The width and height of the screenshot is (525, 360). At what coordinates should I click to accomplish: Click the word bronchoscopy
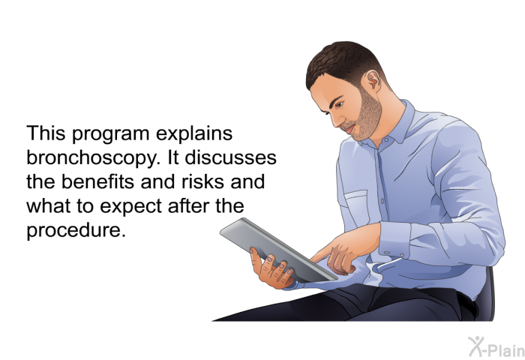(x=91, y=158)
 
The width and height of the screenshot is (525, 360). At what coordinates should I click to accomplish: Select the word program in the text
(x=110, y=134)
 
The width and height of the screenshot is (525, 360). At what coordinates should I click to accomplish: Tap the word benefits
(x=98, y=181)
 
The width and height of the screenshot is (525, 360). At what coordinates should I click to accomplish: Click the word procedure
(x=76, y=230)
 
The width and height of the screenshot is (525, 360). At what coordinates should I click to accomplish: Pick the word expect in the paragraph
(x=131, y=206)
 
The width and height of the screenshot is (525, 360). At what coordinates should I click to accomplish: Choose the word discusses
(x=231, y=157)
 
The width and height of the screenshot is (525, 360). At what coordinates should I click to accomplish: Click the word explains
(x=194, y=134)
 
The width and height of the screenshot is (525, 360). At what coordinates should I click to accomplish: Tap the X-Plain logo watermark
(x=496, y=346)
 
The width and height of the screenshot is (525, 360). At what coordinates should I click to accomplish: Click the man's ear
(x=372, y=81)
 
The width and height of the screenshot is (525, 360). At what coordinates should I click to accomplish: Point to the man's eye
(x=339, y=104)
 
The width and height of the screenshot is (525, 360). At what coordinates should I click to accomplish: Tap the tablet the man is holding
(x=278, y=250)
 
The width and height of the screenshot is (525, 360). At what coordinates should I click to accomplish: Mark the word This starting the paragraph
(x=46, y=133)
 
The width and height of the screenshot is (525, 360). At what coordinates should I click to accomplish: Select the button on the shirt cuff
(x=387, y=253)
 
